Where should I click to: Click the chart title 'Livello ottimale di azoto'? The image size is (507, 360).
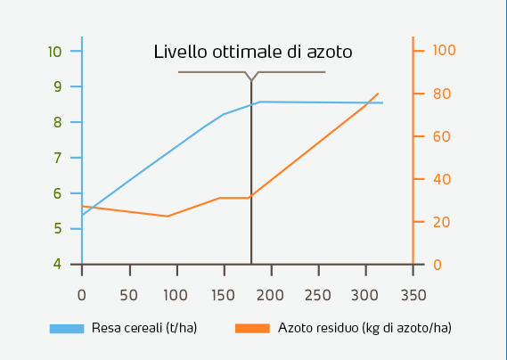pos(253,52)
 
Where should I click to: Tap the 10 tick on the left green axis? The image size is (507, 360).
pos(55,51)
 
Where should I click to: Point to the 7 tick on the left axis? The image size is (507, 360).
pos(57,158)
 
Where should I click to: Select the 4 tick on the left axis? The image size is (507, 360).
pos(57,264)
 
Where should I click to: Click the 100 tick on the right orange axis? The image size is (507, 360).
pos(444,51)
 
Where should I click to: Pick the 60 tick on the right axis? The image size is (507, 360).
pos(443,136)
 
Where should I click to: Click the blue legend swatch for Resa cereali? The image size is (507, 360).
pos(67,328)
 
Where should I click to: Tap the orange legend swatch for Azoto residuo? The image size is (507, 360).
pos(252,328)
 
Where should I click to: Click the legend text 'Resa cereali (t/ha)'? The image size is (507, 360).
pos(143,328)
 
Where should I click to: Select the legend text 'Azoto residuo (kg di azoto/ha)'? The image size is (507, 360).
pos(364,328)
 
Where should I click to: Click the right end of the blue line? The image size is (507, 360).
pos(383,102)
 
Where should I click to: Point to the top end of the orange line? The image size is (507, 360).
pos(379,93)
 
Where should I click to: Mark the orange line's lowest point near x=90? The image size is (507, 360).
pos(168,216)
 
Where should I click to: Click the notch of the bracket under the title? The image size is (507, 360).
pos(251,80)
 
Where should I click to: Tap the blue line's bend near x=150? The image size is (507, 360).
pos(223,114)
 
